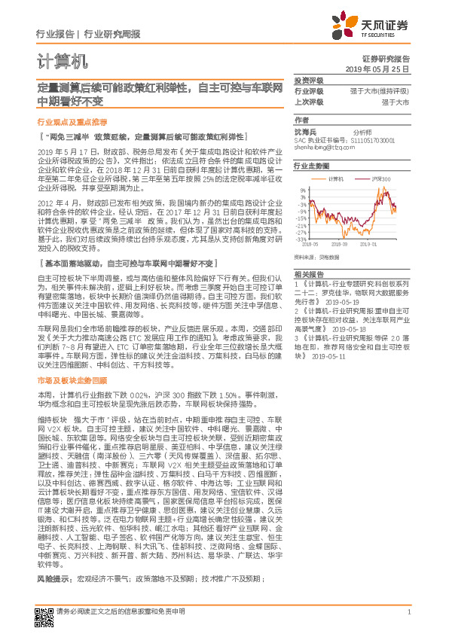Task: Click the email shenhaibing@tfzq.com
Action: click(x=323, y=148)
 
